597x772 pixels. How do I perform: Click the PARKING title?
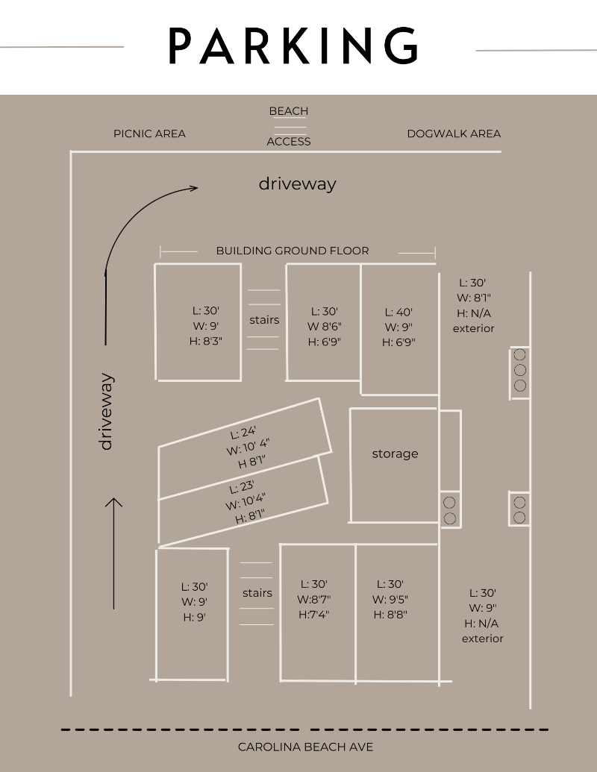tap(293, 45)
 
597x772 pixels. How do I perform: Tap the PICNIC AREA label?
tap(149, 134)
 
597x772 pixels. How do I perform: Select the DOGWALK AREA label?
tap(454, 134)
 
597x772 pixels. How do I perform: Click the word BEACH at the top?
tap(289, 111)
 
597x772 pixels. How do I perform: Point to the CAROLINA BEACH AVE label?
tap(305, 747)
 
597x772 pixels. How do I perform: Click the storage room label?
tap(395, 454)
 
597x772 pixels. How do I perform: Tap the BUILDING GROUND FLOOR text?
tap(293, 251)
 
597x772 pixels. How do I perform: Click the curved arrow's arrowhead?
tap(193, 187)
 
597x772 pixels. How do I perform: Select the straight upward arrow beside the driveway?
tap(113, 553)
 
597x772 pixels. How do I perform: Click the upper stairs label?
tap(264, 320)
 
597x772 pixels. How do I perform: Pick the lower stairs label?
tap(257, 593)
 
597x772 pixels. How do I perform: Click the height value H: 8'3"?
tap(206, 341)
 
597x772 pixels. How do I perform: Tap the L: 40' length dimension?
tap(398, 312)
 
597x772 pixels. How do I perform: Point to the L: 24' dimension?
tap(243, 433)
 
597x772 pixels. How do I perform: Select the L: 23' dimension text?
tap(242, 487)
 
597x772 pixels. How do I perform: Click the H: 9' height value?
tap(195, 617)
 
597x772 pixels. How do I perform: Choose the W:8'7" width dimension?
tap(313, 599)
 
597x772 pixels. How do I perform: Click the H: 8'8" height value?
tap(390, 615)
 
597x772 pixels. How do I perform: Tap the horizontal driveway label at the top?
tap(298, 183)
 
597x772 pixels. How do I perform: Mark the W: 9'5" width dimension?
tap(390, 599)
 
